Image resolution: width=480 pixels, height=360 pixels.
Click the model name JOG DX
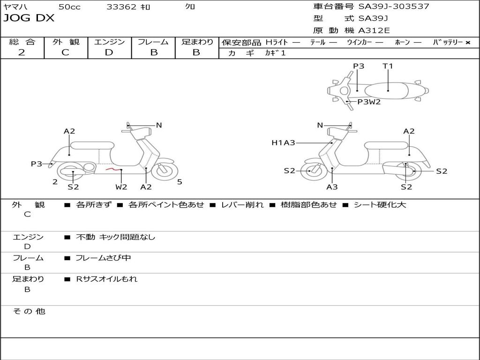coord(29,18)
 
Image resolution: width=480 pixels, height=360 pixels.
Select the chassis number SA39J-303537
coord(394,7)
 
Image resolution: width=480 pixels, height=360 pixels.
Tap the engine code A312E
coord(374,31)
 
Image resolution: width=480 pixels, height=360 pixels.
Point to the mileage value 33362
coord(121,7)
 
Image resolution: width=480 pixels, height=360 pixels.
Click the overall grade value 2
coord(22,52)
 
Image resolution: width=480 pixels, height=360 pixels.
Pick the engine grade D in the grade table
coord(109,52)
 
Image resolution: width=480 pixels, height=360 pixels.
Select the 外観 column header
coord(66,42)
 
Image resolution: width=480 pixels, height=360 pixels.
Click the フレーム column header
coord(153,42)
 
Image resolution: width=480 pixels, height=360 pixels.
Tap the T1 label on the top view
coord(388,66)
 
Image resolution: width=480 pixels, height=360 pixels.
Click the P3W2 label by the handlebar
coord(369,102)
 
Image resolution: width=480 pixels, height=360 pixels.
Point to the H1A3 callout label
coord(283,143)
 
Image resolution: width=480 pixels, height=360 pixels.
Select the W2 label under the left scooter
coord(121,187)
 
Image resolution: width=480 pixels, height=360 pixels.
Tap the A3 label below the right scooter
coord(332,187)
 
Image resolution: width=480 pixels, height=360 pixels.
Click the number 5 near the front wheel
coord(180,182)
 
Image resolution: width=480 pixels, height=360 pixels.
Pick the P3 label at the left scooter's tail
coord(37,164)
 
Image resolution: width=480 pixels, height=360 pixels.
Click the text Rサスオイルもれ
coord(107,279)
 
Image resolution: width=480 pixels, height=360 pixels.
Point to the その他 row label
coord(29,311)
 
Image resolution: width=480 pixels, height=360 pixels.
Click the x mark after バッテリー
coord(468,42)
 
